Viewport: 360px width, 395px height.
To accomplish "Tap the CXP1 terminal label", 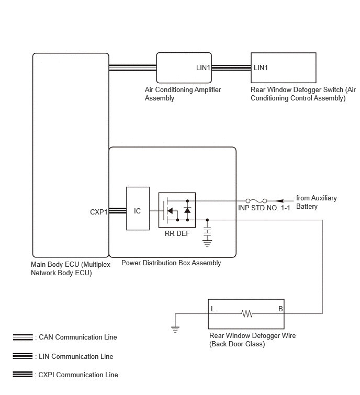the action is coord(99,212).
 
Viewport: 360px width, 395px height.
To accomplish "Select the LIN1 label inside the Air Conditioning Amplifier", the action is coord(203,67).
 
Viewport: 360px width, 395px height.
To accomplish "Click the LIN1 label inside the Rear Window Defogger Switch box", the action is coord(261,67).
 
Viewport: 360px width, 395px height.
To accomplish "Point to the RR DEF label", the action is coord(177,233).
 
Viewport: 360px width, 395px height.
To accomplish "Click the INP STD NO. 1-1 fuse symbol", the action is coord(256,201).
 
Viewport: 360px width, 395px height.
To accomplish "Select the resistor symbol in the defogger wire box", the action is coord(246,313).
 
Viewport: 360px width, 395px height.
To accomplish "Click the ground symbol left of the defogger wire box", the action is coord(175,329).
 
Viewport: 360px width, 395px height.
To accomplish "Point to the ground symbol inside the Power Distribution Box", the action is coord(207,244).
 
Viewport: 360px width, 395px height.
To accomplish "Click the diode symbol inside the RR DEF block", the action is coord(187,210).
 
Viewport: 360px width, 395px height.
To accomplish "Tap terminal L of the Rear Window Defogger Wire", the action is coord(212,309).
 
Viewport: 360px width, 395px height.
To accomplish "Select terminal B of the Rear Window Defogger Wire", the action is coord(280,309).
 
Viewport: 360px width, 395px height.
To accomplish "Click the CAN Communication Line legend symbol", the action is coord(22,337).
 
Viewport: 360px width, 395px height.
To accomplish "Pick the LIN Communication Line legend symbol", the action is coord(22,356).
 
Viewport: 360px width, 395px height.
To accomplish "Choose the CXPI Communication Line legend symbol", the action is coord(22,375).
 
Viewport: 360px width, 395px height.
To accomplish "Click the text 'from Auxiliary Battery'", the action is coord(316,202).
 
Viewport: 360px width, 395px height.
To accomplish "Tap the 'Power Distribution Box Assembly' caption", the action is coord(171,263).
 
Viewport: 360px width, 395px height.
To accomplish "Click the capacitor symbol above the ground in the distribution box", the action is coord(207,232).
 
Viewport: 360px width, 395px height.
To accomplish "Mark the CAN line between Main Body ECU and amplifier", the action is coord(132,67).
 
